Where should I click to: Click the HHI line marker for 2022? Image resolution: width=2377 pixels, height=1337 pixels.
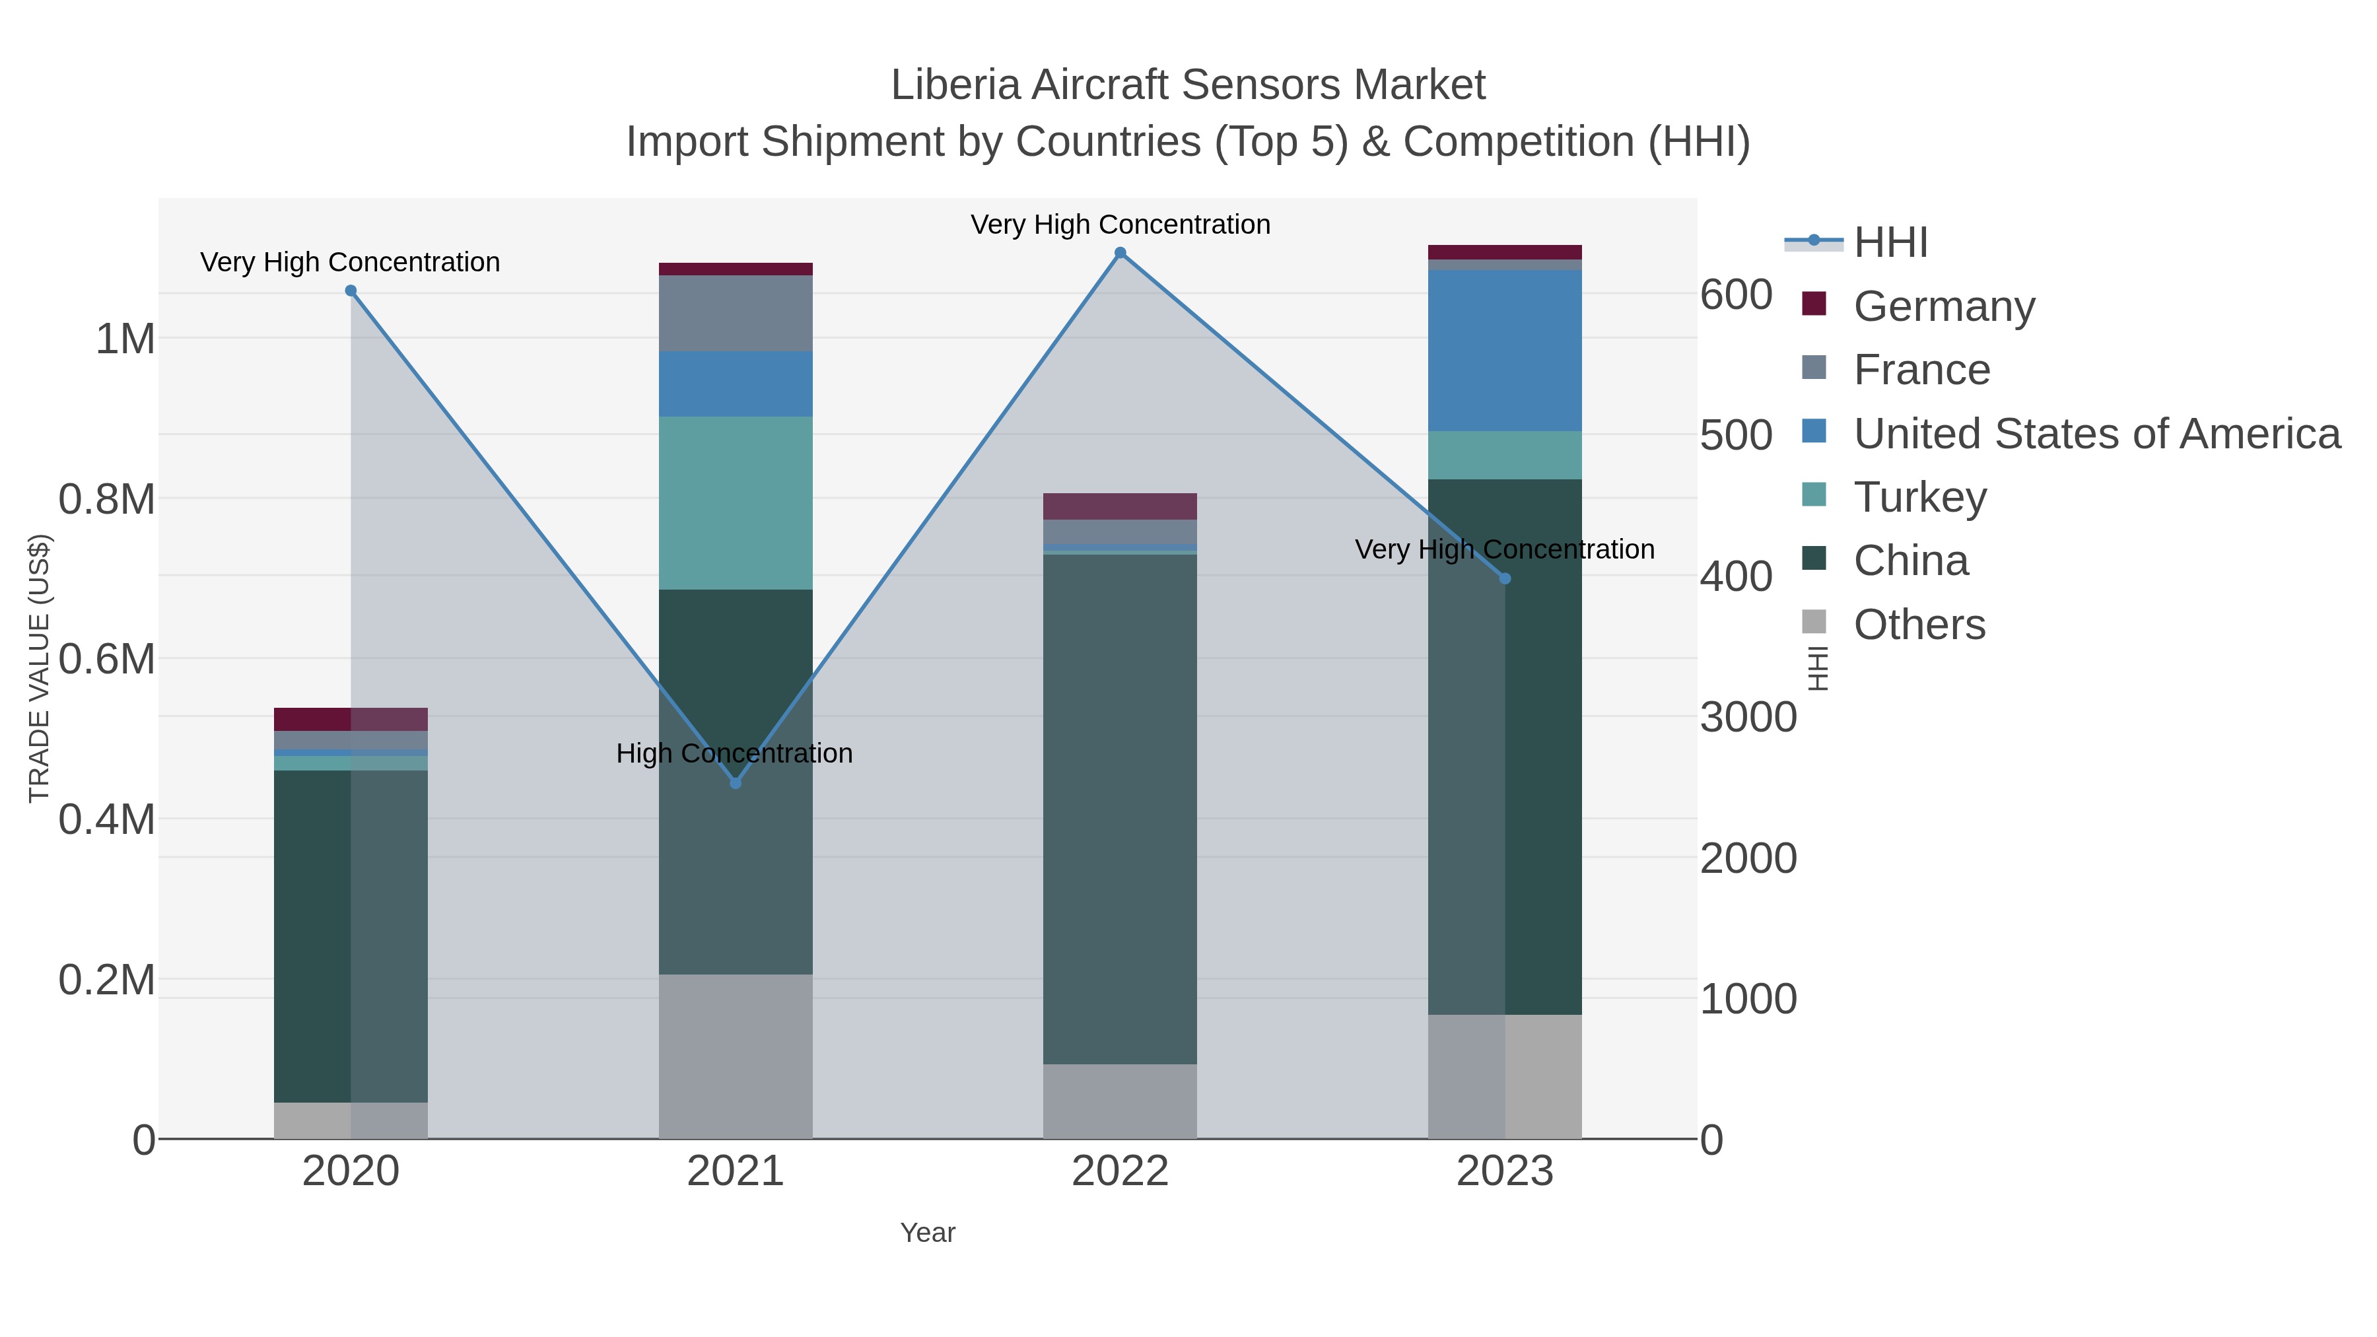[1120, 253]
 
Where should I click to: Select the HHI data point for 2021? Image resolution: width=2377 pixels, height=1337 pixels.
[736, 783]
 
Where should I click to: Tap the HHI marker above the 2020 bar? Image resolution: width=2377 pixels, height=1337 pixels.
[351, 291]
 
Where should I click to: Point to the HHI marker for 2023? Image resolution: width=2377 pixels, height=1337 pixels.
[1505, 578]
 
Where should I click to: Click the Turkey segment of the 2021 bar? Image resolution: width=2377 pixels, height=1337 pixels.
[736, 503]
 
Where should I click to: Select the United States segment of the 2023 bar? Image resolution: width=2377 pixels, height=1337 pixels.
[1505, 351]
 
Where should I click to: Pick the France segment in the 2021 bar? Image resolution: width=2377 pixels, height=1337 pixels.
[736, 313]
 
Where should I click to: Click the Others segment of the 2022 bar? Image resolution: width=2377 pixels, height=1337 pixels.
[1120, 1101]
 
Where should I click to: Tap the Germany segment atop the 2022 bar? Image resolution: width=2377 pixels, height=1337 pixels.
[1120, 506]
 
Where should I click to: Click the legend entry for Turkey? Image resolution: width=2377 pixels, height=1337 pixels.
[1919, 497]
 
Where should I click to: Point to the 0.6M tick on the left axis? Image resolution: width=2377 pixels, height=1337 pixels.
[107, 660]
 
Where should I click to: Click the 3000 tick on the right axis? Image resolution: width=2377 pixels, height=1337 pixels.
[1748, 718]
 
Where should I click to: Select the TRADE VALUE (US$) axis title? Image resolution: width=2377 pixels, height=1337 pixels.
[39, 668]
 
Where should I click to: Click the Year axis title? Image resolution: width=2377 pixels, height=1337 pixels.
[928, 1233]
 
